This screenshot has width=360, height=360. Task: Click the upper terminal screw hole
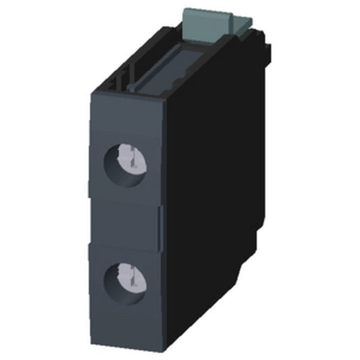(x=126, y=162)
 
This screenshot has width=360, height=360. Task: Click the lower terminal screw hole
(x=126, y=278)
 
